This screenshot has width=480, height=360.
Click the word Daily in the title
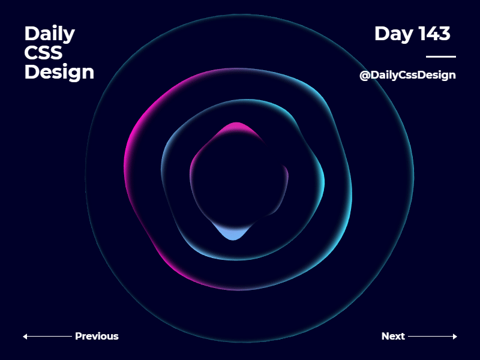point(49,34)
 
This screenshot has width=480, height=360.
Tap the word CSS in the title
point(43,53)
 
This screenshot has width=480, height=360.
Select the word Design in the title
point(59,72)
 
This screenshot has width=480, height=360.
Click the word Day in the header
point(394,34)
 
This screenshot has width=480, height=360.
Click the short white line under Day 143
point(440,56)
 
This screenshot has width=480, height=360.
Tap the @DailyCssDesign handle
point(407,75)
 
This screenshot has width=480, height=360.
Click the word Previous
point(97,336)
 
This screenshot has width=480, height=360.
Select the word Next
point(393,336)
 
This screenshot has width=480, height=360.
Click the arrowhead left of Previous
point(25,337)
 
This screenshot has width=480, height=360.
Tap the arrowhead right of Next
point(455,337)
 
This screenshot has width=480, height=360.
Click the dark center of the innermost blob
point(237,180)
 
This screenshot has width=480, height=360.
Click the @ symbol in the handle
point(364,76)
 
